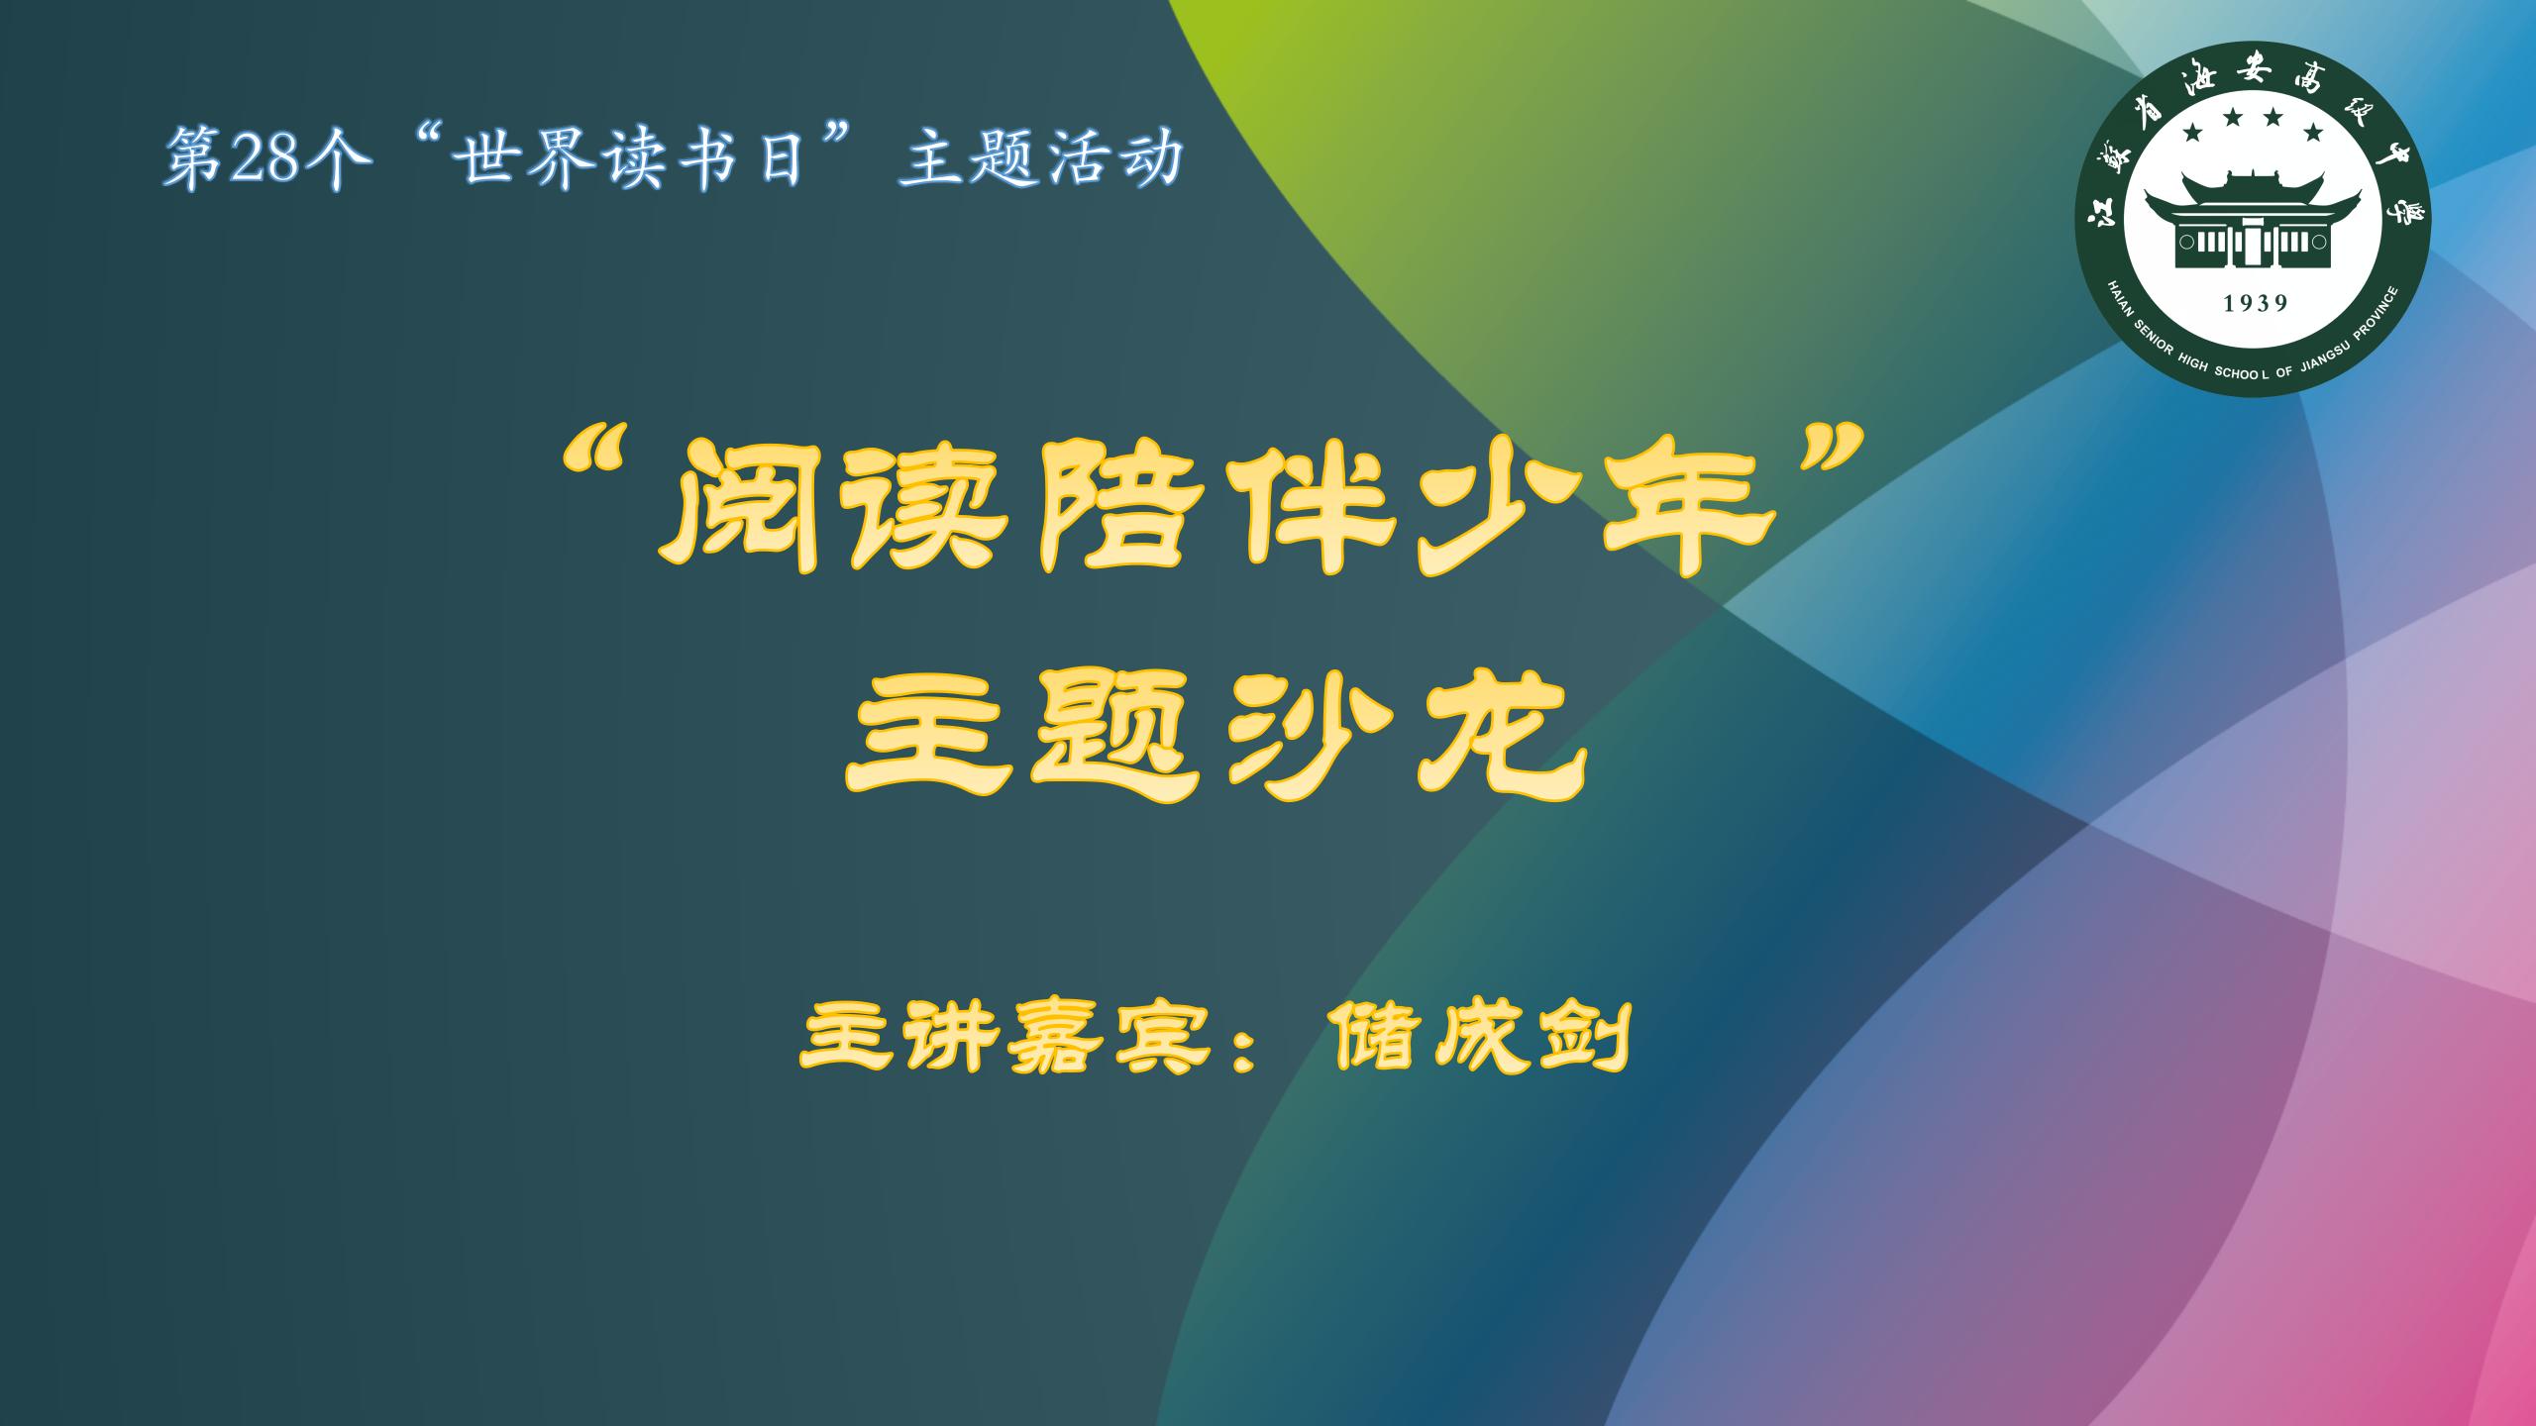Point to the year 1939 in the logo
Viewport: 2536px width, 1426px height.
coord(2256,304)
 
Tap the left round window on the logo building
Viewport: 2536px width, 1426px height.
coord(2185,241)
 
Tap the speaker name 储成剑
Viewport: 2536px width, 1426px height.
coord(1481,1038)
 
